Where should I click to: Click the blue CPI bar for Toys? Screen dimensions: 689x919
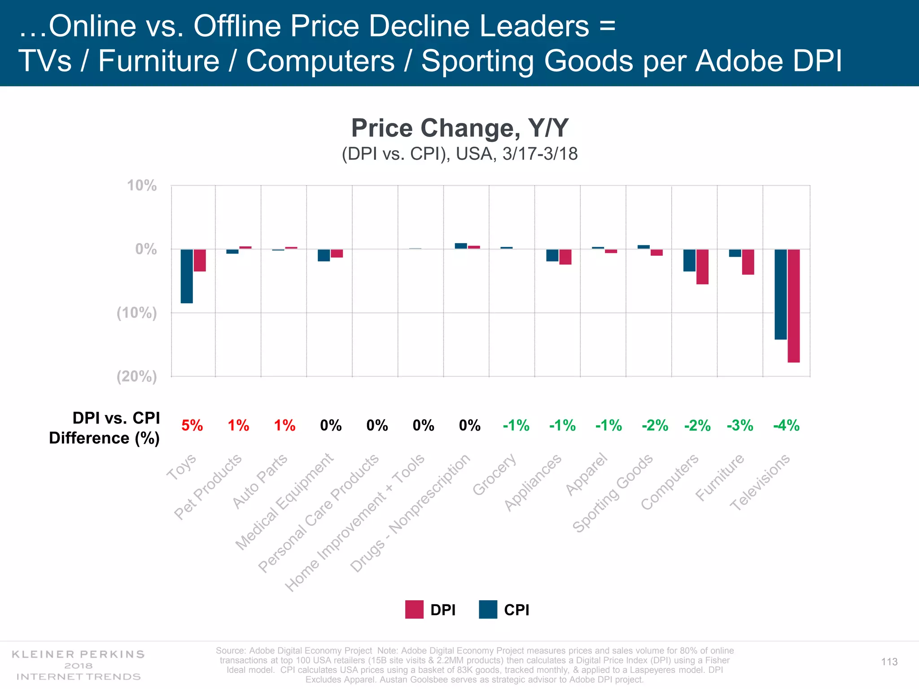click(x=187, y=276)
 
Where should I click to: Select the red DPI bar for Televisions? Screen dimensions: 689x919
click(x=793, y=305)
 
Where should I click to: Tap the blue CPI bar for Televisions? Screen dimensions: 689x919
click(x=780, y=294)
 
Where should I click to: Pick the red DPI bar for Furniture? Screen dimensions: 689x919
click(x=748, y=262)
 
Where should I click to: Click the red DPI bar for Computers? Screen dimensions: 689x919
click(x=702, y=267)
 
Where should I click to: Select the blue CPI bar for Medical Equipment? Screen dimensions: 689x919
click(x=324, y=255)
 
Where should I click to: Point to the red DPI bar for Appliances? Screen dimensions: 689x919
click(x=565, y=257)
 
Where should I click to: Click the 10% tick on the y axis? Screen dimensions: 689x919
click(x=142, y=185)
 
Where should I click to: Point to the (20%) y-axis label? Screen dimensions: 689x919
click(x=137, y=376)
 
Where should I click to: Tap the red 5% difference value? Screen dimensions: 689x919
click(x=192, y=425)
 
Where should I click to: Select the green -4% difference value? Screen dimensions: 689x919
click(x=786, y=425)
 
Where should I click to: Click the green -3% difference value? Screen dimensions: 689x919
click(x=740, y=425)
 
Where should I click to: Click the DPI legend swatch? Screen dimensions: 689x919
click(x=414, y=610)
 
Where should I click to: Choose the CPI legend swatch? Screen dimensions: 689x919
click(x=488, y=610)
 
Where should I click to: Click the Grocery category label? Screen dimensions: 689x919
click(x=494, y=475)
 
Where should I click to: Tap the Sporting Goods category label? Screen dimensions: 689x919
click(x=613, y=493)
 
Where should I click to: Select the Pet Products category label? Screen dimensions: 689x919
click(x=208, y=487)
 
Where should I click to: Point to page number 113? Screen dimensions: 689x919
click(x=889, y=662)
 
